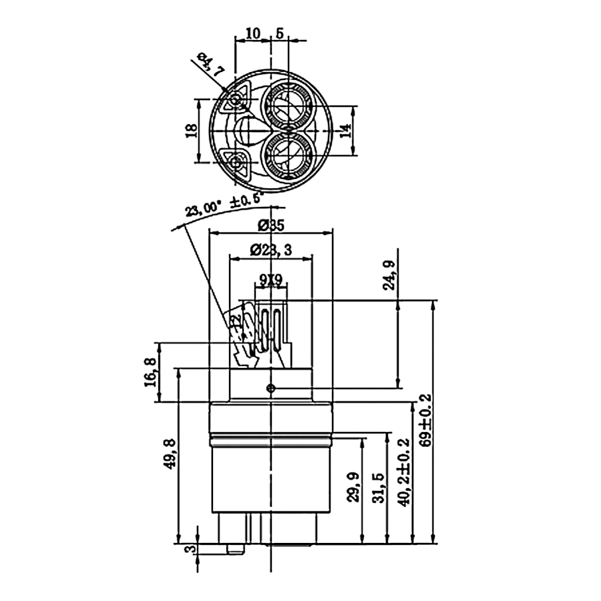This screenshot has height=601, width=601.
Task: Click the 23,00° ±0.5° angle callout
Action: coord(224,202)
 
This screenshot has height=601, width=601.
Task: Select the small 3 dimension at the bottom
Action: coord(189,550)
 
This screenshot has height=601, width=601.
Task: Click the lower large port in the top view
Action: coord(288,154)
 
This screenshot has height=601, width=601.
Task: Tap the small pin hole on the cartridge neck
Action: coord(270,387)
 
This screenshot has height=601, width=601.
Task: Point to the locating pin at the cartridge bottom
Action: coord(234,548)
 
